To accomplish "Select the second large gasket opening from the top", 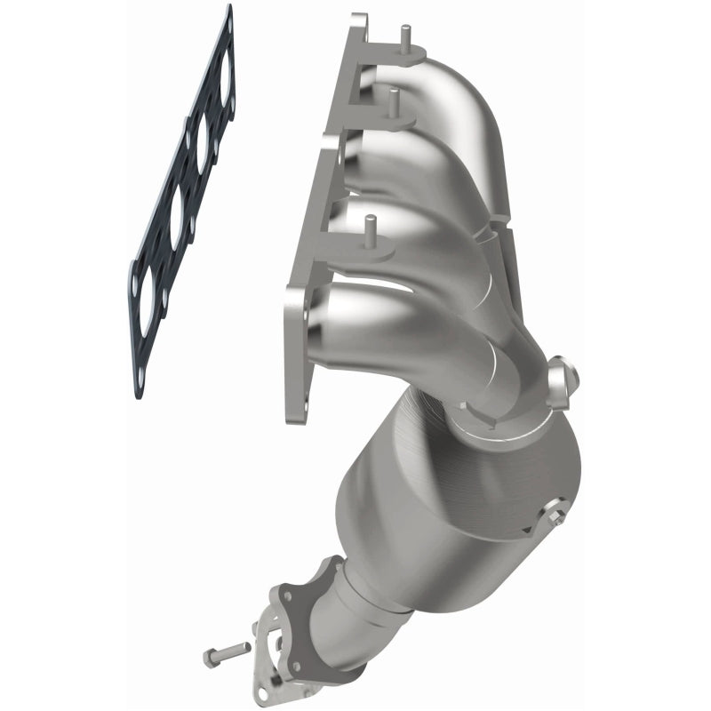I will click(200, 147).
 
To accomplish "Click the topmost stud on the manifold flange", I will click(404, 40).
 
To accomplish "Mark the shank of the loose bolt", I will click(235, 651).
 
